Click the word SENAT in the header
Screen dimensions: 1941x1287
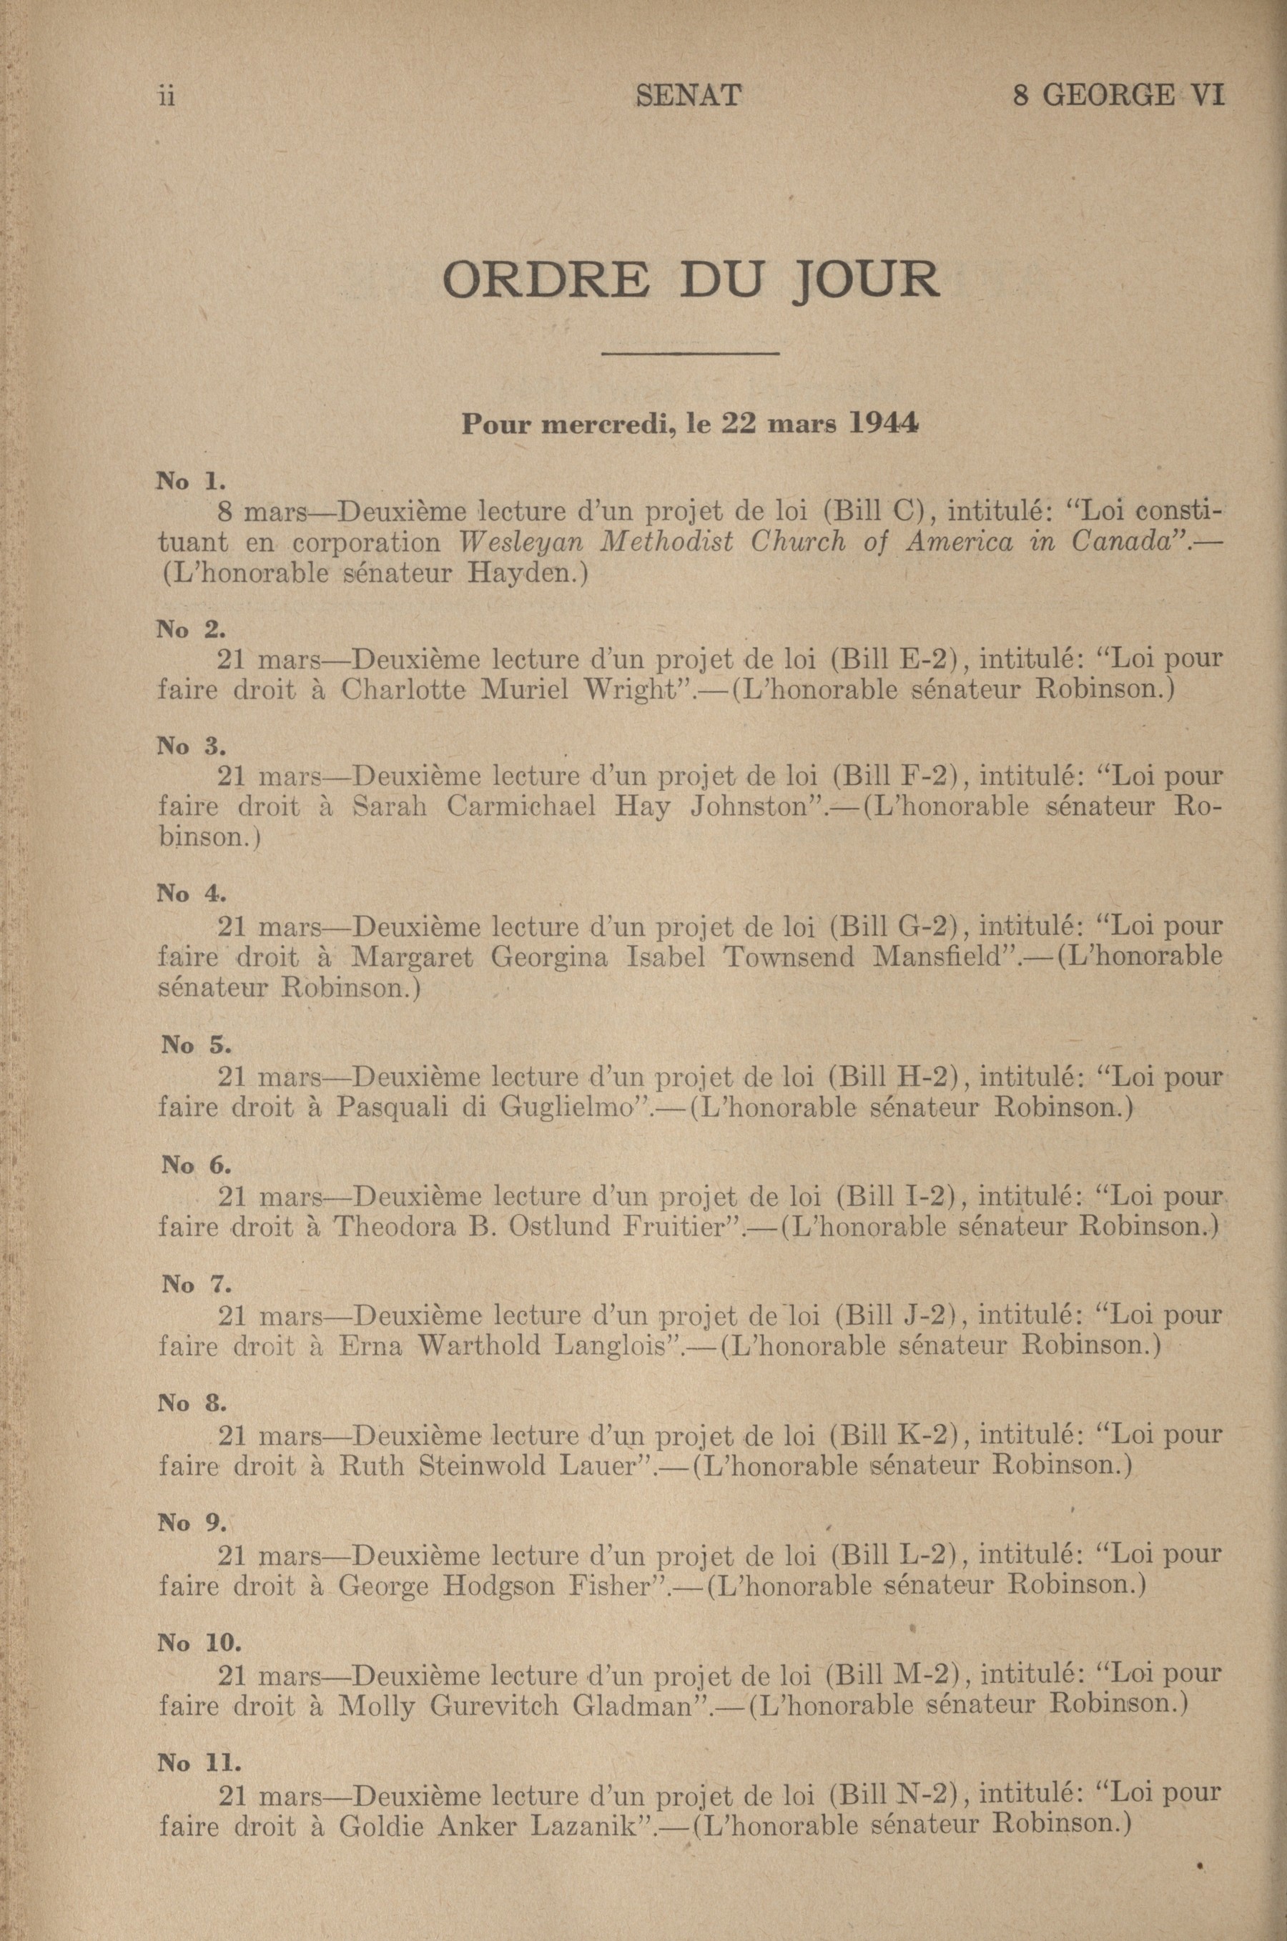tap(688, 97)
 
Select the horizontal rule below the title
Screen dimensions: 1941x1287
tap(689, 354)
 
